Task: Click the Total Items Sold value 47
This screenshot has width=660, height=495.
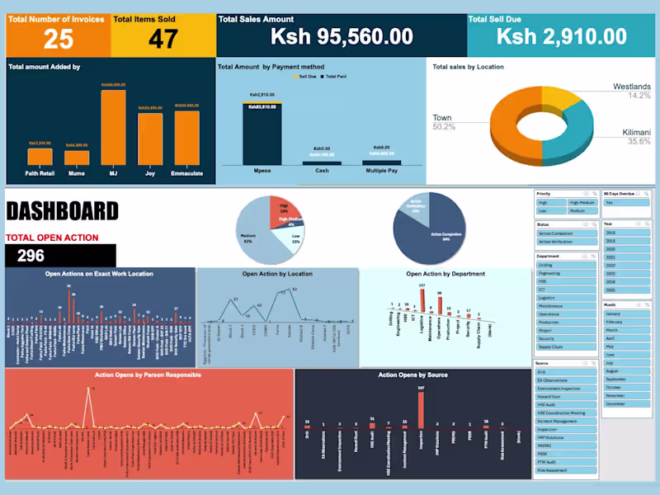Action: (x=163, y=38)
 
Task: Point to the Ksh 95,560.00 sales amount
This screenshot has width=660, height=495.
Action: (x=342, y=37)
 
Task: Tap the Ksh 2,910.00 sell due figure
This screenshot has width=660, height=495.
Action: (x=562, y=36)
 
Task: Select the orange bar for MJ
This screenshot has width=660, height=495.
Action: (x=113, y=128)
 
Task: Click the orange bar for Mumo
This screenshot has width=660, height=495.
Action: (x=77, y=158)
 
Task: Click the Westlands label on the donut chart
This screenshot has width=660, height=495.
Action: (x=631, y=87)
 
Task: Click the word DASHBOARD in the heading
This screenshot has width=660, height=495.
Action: (x=62, y=212)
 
